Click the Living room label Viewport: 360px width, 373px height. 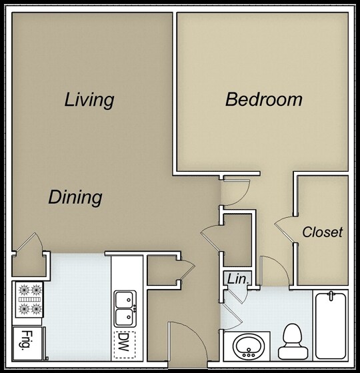[x=89, y=101]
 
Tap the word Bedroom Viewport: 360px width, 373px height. [x=263, y=101]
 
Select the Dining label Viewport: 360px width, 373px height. [x=75, y=198]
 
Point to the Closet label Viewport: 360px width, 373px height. [x=322, y=232]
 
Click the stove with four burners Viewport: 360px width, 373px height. [x=28, y=299]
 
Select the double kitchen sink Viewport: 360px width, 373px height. [x=123, y=307]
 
